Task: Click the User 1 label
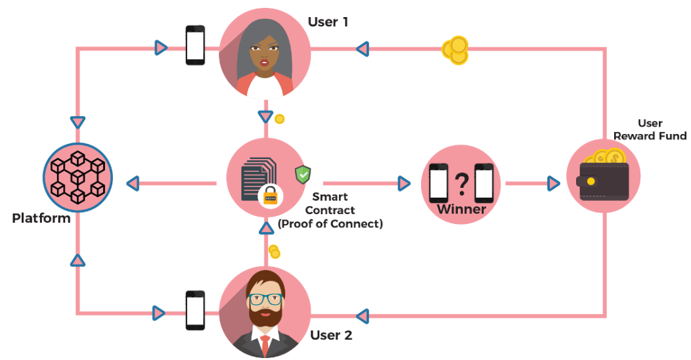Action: (x=328, y=22)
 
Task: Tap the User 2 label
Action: (x=331, y=336)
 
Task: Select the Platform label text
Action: (x=41, y=218)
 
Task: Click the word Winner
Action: (x=461, y=210)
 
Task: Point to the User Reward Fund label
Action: (x=649, y=129)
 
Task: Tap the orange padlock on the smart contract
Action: (x=270, y=195)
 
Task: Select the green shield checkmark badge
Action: (x=303, y=174)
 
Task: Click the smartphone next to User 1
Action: (x=195, y=45)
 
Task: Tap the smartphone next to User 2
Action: (x=195, y=310)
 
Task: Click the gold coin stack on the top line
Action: (x=455, y=50)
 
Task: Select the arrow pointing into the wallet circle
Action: (x=554, y=183)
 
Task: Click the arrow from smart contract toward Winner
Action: (x=404, y=183)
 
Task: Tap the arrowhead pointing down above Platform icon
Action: (x=78, y=122)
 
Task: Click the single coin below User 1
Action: (x=279, y=119)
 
